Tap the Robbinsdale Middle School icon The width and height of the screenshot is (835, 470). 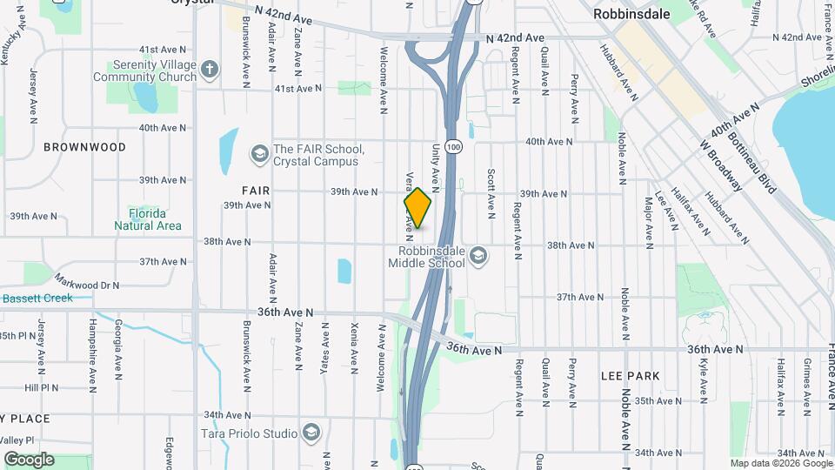click(x=478, y=255)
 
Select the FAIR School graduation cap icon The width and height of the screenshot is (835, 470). click(x=258, y=154)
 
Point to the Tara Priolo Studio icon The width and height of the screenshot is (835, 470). click(x=311, y=433)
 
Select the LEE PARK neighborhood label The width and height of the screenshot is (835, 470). click(x=631, y=376)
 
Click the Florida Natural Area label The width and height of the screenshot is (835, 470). click(x=148, y=219)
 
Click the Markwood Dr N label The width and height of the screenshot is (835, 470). click(x=86, y=284)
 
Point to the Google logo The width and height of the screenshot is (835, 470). click(x=29, y=460)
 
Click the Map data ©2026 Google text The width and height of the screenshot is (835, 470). click(x=779, y=464)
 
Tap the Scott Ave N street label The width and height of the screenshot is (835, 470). click(x=491, y=192)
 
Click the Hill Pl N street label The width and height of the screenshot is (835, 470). click(x=41, y=387)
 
